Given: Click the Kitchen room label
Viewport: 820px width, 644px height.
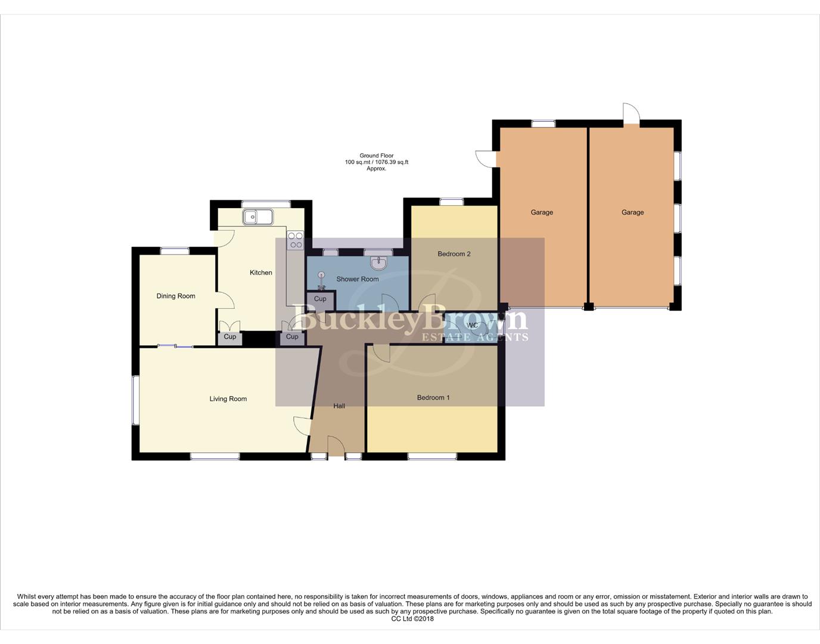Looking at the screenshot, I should click(260, 273).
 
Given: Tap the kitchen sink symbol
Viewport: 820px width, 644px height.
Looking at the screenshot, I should click(257, 217).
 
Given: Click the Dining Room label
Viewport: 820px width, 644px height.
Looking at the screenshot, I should click(176, 296).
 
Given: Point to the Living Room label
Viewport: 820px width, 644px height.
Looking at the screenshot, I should click(228, 399).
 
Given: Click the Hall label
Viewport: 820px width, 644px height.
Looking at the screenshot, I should click(339, 406).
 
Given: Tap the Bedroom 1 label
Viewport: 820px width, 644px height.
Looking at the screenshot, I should click(433, 398).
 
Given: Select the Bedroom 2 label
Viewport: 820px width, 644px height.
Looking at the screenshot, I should click(454, 254).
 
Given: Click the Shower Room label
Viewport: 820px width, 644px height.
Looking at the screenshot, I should click(358, 279).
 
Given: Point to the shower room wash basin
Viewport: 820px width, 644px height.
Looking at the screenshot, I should click(378, 262).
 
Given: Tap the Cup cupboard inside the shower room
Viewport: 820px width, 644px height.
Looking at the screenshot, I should click(320, 299).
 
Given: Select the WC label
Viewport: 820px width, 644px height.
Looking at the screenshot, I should click(473, 326).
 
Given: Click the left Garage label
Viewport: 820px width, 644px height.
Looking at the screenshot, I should click(542, 212).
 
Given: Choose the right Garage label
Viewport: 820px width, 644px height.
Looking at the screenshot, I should click(632, 212).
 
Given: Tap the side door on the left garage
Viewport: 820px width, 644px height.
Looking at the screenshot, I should click(486, 158).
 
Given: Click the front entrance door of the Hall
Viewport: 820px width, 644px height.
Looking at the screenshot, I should click(336, 447).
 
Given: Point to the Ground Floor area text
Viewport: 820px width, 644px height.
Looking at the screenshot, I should click(377, 162).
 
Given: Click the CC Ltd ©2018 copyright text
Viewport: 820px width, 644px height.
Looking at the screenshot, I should click(412, 618).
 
